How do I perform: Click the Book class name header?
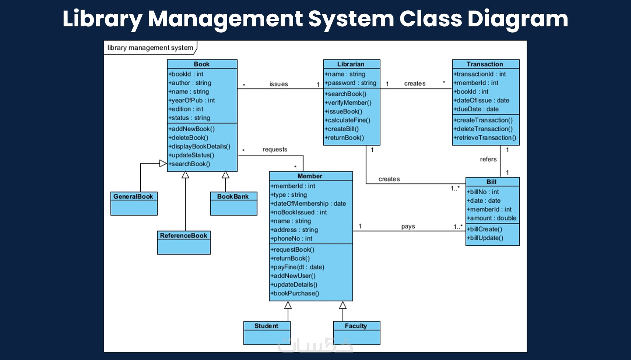click(x=202, y=64)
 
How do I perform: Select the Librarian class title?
click(x=351, y=64)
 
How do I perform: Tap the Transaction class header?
click(x=485, y=64)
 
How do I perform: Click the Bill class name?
click(x=491, y=182)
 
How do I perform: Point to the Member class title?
click(x=310, y=176)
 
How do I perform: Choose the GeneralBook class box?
click(x=134, y=203)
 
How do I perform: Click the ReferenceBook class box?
click(x=184, y=242)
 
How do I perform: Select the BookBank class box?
click(x=233, y=203)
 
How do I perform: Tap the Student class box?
click(x=267, y=333)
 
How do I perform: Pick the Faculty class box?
click(x=356, y=333)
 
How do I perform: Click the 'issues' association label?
click(x=279, y=84)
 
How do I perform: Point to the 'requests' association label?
click(x=275, y=150)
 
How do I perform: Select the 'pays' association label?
click(x=408, y=226)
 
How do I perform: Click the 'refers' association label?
click(x=488, y=159)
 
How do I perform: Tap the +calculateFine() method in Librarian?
click(x=348, y=120)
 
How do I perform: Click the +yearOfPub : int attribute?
click(x=192, y=101)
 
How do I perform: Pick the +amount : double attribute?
click(x=492, y=218)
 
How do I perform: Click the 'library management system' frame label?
click(x=150, y=48)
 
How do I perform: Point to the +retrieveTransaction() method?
click(x=485, y=138)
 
